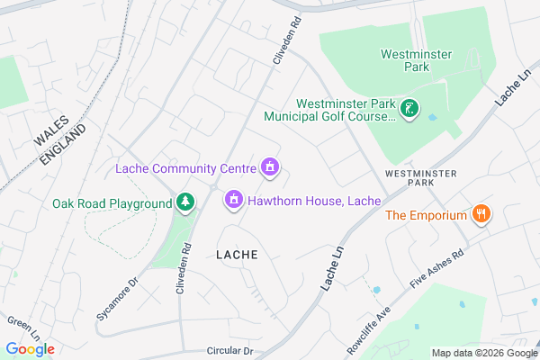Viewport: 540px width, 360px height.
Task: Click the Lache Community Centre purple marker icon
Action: click(x=268, y=167)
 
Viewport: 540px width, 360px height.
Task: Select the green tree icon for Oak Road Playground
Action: click(x=185, y=202)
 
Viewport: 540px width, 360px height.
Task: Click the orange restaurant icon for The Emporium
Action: click(x=482, y=215)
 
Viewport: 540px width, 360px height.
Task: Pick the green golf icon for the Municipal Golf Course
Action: click(x=409, y=110)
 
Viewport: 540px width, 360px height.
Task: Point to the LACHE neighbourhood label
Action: click(x=237, y=255)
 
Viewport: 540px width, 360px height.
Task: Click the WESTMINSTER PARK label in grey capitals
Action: click(x=420, y=176)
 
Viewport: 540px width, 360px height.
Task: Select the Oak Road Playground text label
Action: click(x=112, y=203)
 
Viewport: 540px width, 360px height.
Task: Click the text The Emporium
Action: click(x=426, y=215)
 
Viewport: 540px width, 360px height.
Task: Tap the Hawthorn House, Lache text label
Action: click(x=314, y=200)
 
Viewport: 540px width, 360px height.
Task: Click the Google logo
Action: click(x=30, y=348)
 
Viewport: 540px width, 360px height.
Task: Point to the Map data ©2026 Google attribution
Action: click(x=482, y=353)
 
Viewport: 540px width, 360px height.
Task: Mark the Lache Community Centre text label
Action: click(x=185, y=168)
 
